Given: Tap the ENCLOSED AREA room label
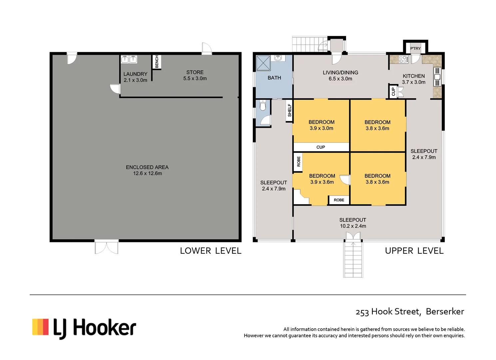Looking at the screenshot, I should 147,170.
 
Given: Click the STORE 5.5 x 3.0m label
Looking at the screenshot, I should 195,75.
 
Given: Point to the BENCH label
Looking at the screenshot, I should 157,62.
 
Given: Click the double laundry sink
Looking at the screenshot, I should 129,59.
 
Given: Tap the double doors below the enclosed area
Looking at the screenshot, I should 107,247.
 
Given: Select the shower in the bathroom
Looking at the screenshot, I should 263,63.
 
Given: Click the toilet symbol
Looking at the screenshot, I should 263,106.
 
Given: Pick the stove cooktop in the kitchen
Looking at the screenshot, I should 403,59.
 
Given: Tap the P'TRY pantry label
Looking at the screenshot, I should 415,49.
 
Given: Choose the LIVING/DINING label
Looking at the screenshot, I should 340,76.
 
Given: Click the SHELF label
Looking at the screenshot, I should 289,110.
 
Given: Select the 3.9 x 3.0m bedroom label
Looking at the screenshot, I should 321,125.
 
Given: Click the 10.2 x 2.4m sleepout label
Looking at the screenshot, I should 353,223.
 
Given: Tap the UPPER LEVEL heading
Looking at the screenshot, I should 414,251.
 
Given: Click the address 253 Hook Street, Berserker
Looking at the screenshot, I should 410,312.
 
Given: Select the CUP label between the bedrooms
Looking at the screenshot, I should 321,147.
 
